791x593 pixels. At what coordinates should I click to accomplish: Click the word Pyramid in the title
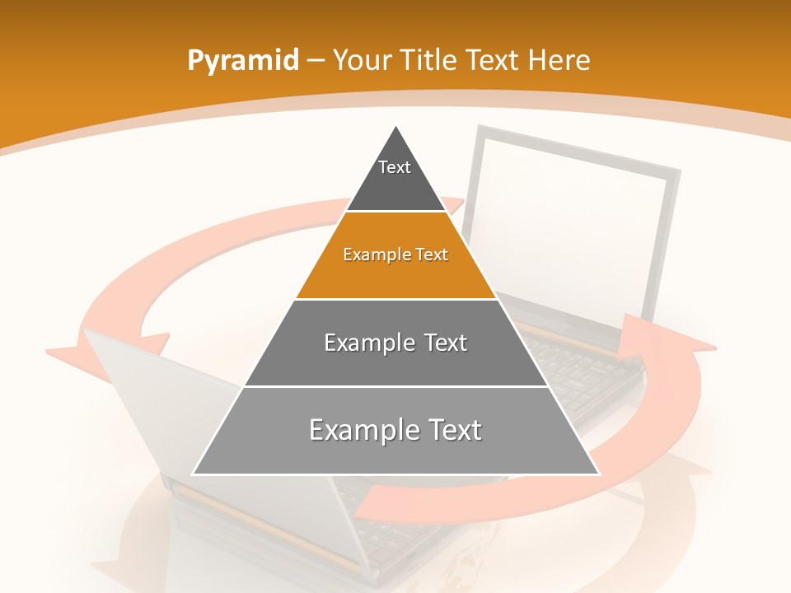(x=243, y=61)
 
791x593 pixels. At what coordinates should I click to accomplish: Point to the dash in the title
(x=316, y=61)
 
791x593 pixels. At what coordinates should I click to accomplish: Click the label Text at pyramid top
(x=395, y=167)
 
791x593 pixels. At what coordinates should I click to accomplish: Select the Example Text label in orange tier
(x=395, y=254)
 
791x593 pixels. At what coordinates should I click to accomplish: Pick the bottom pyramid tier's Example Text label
(x=395, y=430)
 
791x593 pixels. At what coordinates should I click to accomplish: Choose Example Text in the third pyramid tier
(x=395, y=343)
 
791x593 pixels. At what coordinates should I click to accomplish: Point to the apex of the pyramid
(x=396, y=126)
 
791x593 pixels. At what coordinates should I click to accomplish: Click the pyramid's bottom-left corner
(x=194, y=474)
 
